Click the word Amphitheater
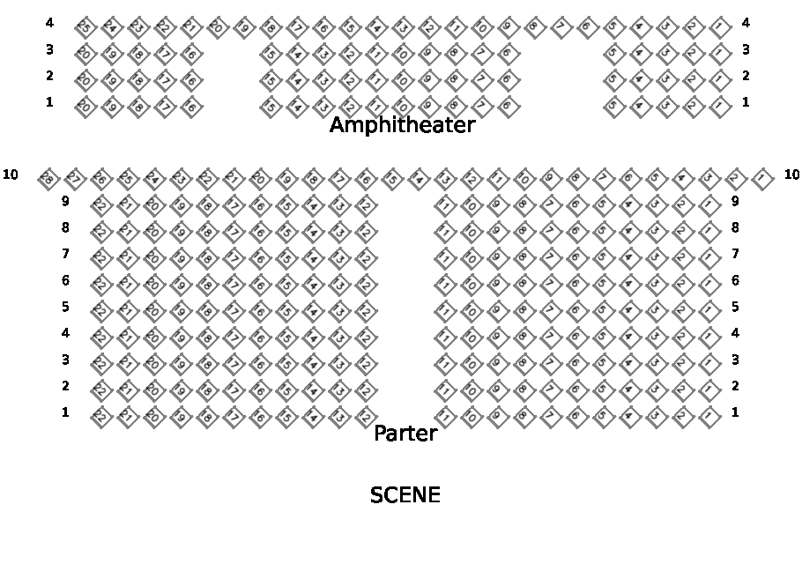click(x=402, y=125)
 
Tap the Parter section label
click(x=405, y=434)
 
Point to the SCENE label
click(x=405, y=495)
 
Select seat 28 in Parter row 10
click(x=48, y=179)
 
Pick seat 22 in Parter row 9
click(x=100, y=205)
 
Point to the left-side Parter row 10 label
click(x=11, y=174)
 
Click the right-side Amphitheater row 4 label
click(x=746, y=23)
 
